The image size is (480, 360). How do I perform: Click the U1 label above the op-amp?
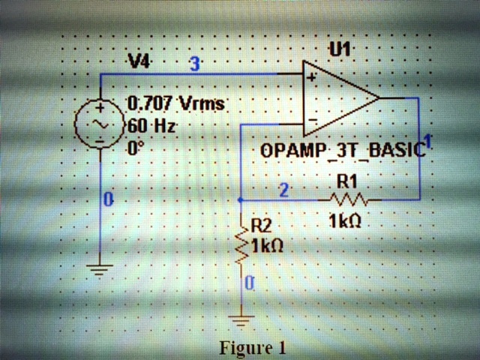pyautogui.click(x=340, y=49)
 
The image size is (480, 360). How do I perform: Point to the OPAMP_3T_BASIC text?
pyautogui.click(x=343, y=150)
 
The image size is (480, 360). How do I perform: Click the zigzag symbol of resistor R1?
pyautogui.click(x=347, y=199)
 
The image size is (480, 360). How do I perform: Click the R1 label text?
pyautogui.click(x=346, y=181)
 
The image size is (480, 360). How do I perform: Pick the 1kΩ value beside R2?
pyautogui.click(x=267, y=244)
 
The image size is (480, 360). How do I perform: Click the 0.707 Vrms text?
pyautogui.click(x=176, y=103)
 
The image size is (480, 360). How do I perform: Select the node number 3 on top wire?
pyautogui.click(x=194, y=64)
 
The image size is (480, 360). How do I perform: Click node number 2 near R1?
pyautogui.click(x=284, y=190)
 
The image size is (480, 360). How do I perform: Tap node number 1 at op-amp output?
pyautogui.click(x=427, y=140)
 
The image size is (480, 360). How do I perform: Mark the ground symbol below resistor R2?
pyautogui.click(x=241, y=321)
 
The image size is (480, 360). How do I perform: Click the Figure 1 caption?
pyautogui.click(x=253, y=348)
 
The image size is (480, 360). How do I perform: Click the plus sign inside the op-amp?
pyautogui.click(x=310, y=76)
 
